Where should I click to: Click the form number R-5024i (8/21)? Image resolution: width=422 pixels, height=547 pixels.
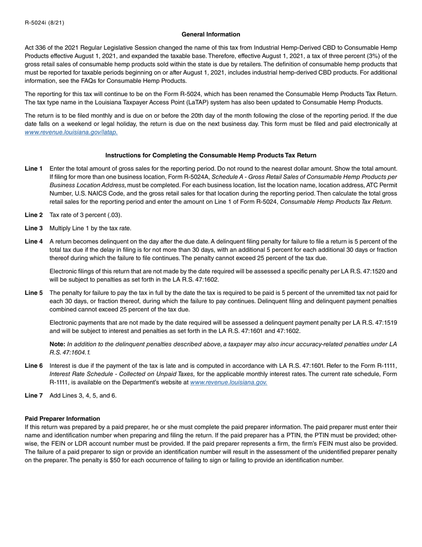coord(44,23)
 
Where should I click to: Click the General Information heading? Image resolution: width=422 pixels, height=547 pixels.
coord(211,34)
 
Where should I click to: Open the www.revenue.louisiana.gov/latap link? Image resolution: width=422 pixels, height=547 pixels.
coord(71,132)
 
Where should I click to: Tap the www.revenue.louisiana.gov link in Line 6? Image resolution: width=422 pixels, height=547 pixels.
coord(228,382)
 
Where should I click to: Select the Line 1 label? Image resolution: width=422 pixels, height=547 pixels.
coord(34,169)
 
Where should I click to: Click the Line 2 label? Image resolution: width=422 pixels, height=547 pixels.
coord(34,215)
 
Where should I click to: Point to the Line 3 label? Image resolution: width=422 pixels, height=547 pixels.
coord(34,228)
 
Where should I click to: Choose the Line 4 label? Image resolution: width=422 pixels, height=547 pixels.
coord(34,241)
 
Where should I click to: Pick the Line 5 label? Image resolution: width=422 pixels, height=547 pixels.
coord(34,293)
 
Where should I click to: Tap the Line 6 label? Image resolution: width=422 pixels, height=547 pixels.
coord(34,366)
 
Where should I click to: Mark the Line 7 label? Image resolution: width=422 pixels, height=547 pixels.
coord(34,395)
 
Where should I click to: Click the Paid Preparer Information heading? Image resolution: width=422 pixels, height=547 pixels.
coord(62,418)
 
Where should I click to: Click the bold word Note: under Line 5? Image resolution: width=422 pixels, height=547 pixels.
coord(57,344)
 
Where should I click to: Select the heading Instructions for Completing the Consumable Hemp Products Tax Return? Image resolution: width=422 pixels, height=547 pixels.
coord(211,155)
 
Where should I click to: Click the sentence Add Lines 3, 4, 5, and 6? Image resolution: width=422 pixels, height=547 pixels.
coord(83,395)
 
